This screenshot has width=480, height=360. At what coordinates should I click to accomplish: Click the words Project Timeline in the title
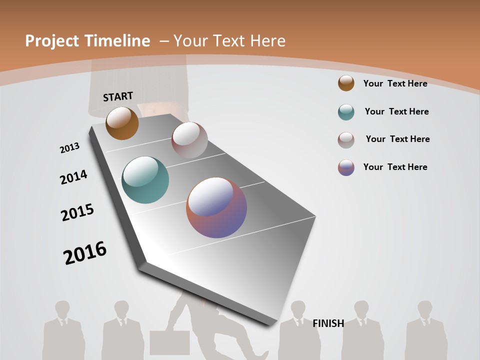point(87,41)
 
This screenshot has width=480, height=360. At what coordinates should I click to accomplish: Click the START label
point(118,96)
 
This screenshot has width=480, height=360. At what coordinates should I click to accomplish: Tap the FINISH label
point(328,323)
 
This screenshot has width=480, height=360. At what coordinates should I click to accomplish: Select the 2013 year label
point(69,148)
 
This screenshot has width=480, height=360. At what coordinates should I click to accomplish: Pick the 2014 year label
point(73,177)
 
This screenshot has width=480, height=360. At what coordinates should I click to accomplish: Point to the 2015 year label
point(77,212)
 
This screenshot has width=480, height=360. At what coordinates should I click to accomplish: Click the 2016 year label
point(85,253)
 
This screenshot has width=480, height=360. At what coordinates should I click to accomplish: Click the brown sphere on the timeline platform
point(122,123)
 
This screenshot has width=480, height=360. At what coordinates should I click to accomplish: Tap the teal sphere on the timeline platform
point(145,180)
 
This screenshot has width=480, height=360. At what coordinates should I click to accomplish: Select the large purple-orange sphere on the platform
point(216,207)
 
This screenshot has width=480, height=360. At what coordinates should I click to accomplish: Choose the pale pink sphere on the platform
point(189,140)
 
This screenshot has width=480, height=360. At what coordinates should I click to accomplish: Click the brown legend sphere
point(346,83)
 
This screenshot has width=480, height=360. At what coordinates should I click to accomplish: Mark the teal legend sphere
point(346,112)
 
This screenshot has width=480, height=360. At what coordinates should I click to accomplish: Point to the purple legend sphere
point(346,167)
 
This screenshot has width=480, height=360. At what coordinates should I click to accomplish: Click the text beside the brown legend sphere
point(395,83)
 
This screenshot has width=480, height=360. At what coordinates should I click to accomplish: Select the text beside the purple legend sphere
point(395,167)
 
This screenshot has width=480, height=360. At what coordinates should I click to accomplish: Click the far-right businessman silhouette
point(425,332)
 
